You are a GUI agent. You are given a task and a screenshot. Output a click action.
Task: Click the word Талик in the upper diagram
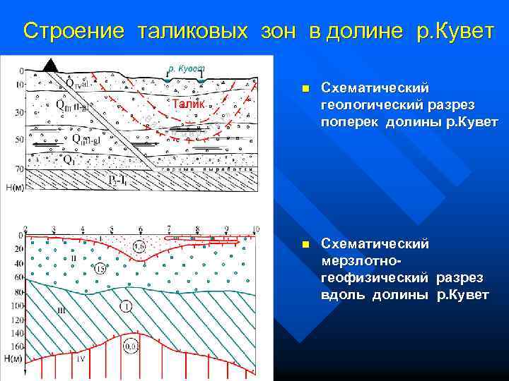(x=189, y=104)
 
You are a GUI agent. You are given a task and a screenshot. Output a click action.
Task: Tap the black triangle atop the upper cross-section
(x=51, y=65)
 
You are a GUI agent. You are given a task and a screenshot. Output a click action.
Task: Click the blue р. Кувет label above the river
(x=186, y=68)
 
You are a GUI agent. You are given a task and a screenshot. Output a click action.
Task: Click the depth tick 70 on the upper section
(x=19, y=169)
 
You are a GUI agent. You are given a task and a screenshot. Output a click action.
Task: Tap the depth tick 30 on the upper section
(x=19, y=112)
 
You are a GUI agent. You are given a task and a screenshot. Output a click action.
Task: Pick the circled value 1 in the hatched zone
(x=126, y=306)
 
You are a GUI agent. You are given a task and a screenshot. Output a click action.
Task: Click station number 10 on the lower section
(x=255, y=229)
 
